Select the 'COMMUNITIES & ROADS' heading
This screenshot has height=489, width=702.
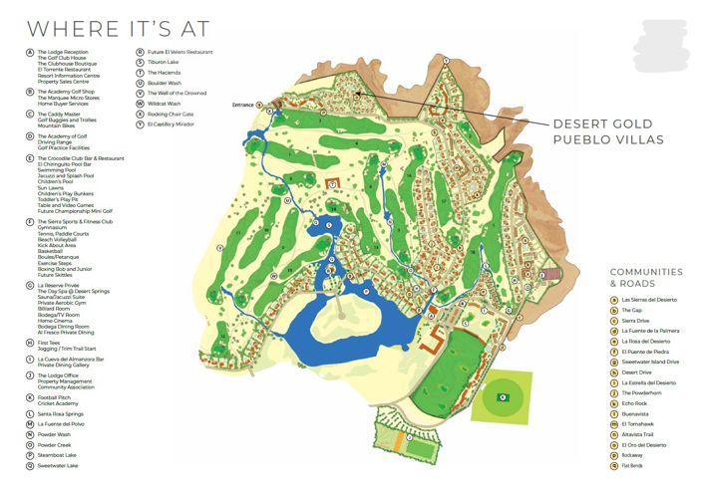[x=646, y=277]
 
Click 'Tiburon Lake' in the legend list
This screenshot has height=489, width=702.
[x=164, y=62]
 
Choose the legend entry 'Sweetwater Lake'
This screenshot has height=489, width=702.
[x=60, y=464]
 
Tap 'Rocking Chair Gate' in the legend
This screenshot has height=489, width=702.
[x=171, y=114]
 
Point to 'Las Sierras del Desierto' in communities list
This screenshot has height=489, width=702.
[x=649, y=299]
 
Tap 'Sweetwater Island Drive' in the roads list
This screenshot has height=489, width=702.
[x=650, y=362]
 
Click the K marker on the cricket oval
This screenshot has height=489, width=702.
[x=503, y=398]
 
